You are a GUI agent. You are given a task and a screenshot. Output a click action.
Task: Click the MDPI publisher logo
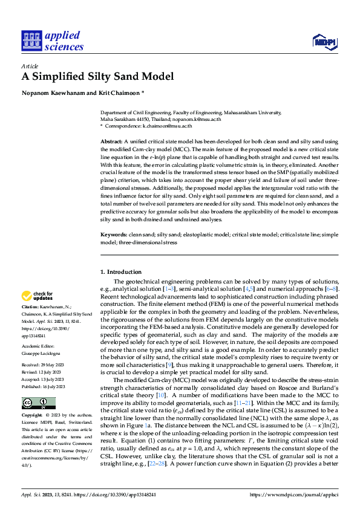pos(324,41)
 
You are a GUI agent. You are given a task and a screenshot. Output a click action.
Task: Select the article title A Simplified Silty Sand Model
pos(97,76)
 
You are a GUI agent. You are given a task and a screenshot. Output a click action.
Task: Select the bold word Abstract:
pos(110,141)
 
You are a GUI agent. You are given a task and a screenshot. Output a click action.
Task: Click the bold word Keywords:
pos(113,233)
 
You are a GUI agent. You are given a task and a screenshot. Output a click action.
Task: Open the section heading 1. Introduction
pos(121,272)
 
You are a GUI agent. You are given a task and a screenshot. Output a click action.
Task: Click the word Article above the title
pos(29,65)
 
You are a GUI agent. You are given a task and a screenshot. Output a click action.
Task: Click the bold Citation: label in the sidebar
pos(32,308)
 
